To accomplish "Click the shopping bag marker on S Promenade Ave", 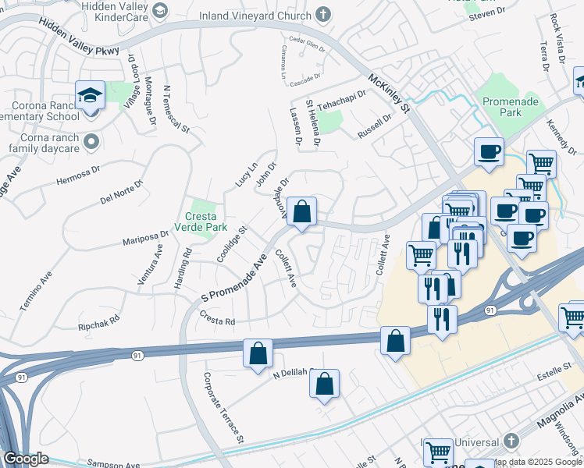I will click(x=301, y=211).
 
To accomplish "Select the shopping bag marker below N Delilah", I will click(x=324, y=385).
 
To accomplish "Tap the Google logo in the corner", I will click(x=26, y=459).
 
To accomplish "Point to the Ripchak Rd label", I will click(x=98, y=321).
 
